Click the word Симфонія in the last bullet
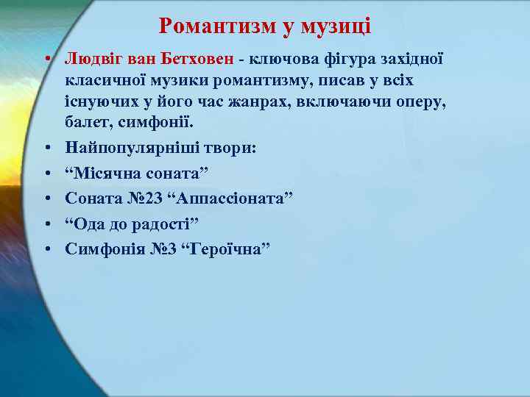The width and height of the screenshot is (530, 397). click(x=102, y=249)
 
